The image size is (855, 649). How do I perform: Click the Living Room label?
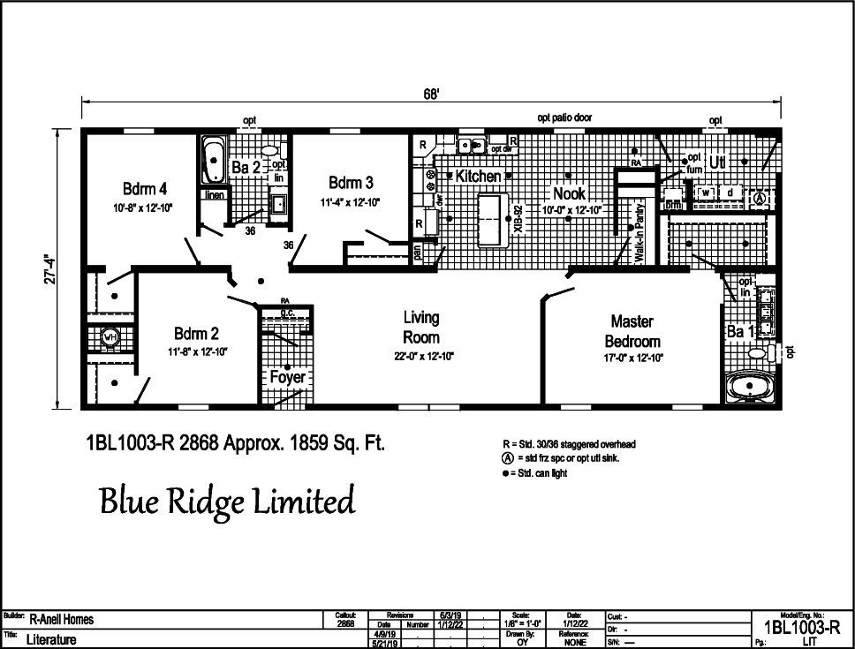[x=421, y=327]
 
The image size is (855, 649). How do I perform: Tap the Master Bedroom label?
[x=632, y=331]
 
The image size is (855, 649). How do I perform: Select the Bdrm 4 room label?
[x=145, y=189]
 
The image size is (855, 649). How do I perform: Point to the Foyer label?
[x=287, y=377]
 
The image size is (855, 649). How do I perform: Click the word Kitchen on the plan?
[x=478, y=176]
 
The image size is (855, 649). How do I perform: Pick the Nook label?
[x=571, y=193]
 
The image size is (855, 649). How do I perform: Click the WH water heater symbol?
[x=110, y=336]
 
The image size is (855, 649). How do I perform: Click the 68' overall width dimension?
[x=431, y=94]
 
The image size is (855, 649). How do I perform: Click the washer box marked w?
[x=707, y=192]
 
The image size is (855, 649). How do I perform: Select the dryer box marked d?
[x=730, y=192]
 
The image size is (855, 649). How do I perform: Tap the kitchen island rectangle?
[x=488, y=217]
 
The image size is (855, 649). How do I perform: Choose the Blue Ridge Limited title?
[x=227, y=501]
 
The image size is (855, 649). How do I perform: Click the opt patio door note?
[x=564, y=117]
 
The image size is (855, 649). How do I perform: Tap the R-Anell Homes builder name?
[x=62, y=619]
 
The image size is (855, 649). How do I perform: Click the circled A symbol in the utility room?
[x=758, y=200]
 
